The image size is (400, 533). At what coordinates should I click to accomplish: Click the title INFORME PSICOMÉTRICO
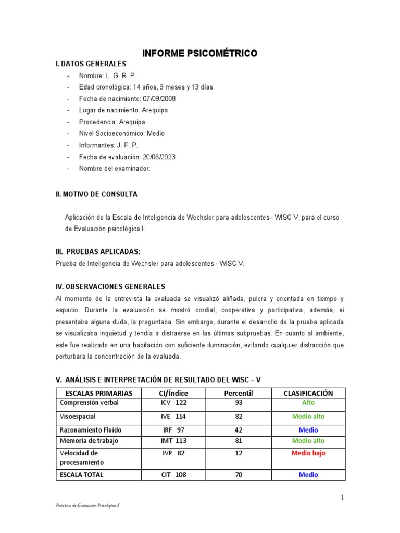point(200,53)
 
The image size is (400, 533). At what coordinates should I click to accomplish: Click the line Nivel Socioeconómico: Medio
point(121,133)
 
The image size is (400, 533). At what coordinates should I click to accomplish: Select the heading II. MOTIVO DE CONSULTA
point(96,194)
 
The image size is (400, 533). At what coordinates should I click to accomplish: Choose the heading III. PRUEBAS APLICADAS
point(98,252)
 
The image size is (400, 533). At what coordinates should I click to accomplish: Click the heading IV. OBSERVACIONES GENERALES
point(110,287)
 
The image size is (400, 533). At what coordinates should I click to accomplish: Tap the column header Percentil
point(238,393)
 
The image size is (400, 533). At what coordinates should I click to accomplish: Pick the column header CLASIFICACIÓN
point(308,393)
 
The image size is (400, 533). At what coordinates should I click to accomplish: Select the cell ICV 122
point(174,403)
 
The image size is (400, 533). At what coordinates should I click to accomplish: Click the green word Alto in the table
point(308,403)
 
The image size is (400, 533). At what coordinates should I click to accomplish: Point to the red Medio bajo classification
point(308,453)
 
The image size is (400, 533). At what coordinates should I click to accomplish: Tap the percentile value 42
point(239,430)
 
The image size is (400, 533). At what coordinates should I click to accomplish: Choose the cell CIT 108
point(174,475)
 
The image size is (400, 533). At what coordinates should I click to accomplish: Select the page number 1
point(342,498)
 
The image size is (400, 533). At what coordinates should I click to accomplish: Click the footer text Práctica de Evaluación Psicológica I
point(88,505)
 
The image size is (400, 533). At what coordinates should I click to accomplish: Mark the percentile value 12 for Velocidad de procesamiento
point(239,453)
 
